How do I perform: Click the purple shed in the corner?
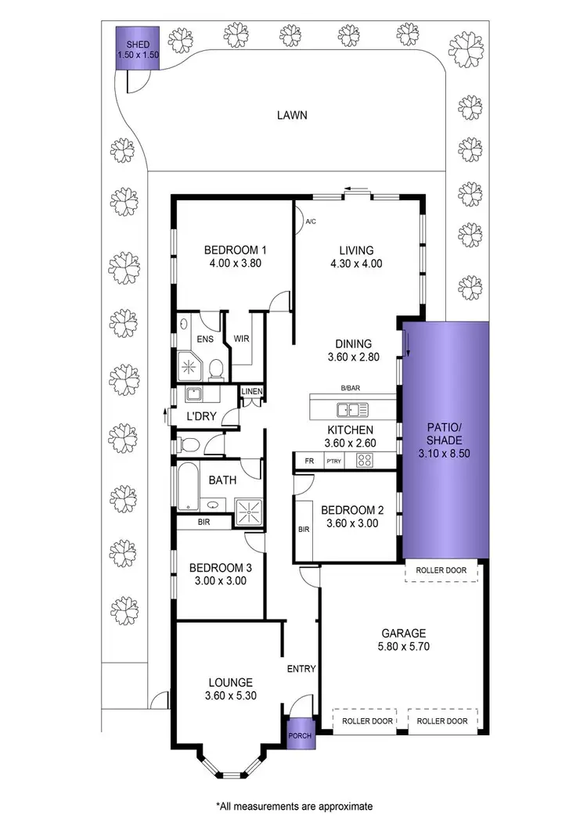tap(138, 48)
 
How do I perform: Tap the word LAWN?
tap(291, 115)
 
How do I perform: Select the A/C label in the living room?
tap(310, 222)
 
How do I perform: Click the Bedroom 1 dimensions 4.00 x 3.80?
tap(235, 264)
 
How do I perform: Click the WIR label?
tap(240, 340)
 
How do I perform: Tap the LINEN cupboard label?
tap(251, 391)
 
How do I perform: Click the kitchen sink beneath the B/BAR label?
tap(352, 408)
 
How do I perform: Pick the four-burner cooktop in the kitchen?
tap(365, 461)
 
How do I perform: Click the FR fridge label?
tap(308, 462)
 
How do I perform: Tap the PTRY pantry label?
tap(334, 462)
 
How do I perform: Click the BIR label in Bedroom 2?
tap(304, 529)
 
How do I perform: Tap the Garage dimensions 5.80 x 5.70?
tap(404, 647)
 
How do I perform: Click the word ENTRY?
tap(301, 669)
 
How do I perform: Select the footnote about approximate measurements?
tap(293, 805)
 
